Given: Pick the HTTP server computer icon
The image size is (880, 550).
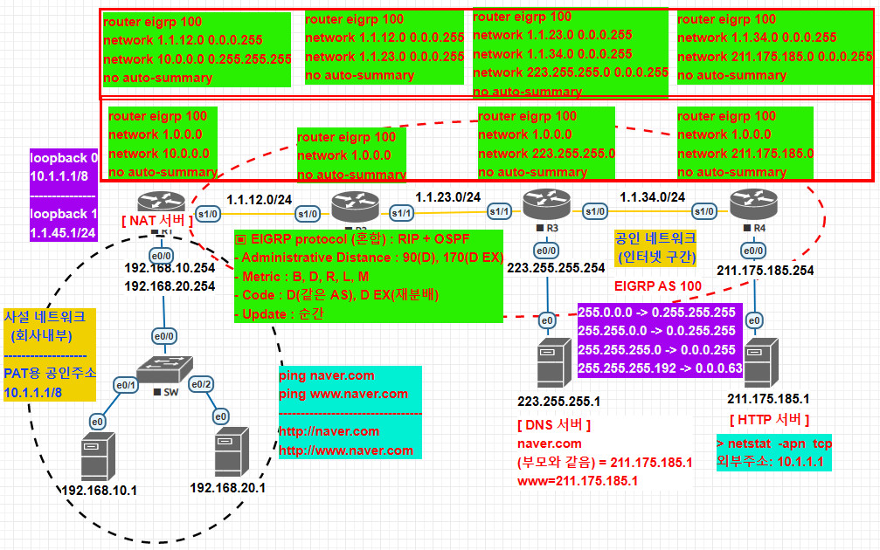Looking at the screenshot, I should (x=757, y=359).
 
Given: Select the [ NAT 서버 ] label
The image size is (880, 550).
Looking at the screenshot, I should (x=158, y=221).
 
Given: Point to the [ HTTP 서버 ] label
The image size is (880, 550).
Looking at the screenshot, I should (x=769, y=420).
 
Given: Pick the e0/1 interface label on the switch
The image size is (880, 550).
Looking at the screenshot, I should (x=127, y=384).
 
